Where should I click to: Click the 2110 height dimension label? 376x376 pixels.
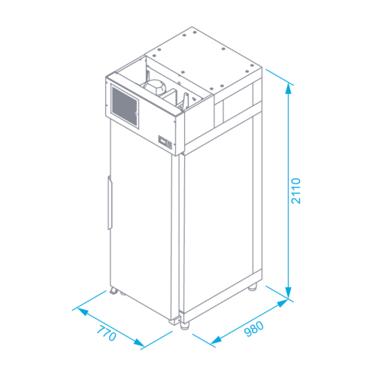pyautogui.click(x=296, y=191)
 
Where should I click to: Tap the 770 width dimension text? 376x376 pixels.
pyautogui.click(x=107, y=333)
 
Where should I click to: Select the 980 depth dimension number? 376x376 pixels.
pyautogui.click(x=254, y=329)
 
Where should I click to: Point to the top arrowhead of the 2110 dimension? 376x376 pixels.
pyautogui.click(x=289, y=89)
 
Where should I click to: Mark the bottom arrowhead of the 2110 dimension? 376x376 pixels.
pyautogui.click(x=289, y=293)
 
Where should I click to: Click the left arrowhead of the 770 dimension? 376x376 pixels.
pyautogui.click(x=83, y=312)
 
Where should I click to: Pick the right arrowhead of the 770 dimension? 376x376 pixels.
pyautogui.click(x=139, y=343)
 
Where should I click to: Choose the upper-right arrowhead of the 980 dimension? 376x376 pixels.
pyautogui.click(x=283, y=303)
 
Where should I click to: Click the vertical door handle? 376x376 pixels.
pyautogui.click(x=110, y=203)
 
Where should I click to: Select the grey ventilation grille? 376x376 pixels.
pyautogui.click(x=125, y=107)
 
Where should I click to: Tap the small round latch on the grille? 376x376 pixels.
pyautogui.click(x=136, y=114)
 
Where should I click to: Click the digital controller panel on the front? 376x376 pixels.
pyautogui.click(x=165, y=142)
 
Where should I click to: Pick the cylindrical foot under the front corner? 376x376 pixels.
pyautogui.click(x=185, y=325)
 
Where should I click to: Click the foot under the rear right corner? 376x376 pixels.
pyautogui.click(x=253, y=287)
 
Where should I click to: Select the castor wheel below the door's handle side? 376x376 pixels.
pyautogui.click(x=114, y=291)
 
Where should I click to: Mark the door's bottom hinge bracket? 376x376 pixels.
pyautogui.click(x=175, y=321)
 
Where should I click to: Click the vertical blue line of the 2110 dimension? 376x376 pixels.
pyautogui.click(x=289, y=190)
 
